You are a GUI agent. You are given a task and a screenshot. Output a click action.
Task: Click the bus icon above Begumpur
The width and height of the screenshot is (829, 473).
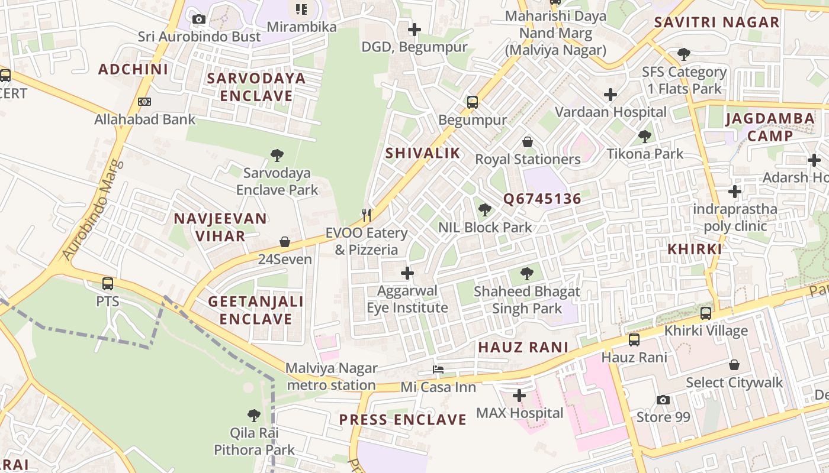click(472, 102)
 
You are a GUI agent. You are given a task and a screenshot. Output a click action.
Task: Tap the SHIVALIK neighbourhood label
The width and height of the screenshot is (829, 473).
click(422, 153)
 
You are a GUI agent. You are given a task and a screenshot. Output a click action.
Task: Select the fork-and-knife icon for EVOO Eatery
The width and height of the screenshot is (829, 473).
click(367, 215)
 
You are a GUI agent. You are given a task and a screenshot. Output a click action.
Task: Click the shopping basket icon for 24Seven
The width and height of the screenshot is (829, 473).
click(285, 242)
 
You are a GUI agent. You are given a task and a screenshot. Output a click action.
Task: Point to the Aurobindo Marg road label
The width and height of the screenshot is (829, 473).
click(93, 209)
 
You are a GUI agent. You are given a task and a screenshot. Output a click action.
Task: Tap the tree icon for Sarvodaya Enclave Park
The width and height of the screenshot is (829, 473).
click(276, 155)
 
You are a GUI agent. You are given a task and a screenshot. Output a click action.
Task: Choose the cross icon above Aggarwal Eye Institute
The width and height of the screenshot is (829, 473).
click(407, 273)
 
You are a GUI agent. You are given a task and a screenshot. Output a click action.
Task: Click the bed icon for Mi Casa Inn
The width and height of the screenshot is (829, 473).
click(438, 370)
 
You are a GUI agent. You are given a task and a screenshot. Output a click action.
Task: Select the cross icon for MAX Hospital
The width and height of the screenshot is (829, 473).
click(519, 395)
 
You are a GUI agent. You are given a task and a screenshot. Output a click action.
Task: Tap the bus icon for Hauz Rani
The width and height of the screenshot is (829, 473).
click(634, 340)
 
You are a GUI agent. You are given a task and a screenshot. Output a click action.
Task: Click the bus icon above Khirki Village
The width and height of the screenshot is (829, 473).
click(705, 313)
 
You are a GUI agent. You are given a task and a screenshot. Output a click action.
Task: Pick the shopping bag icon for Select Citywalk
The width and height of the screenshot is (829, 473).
click(734, 365)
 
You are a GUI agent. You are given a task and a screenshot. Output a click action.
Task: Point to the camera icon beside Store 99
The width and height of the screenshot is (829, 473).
click(663, 400)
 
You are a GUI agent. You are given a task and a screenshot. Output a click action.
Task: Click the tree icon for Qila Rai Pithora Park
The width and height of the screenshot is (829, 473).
click(254, 415)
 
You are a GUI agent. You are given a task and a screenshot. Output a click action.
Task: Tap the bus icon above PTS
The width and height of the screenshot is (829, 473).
click(107, 284)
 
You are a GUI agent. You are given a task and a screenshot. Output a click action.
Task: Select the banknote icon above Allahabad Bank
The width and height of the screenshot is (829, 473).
click(144, 102)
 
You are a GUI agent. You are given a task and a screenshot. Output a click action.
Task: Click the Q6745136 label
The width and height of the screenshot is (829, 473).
click(542, 199)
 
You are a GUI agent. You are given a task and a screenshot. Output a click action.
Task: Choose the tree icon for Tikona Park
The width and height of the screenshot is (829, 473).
click(645, 137)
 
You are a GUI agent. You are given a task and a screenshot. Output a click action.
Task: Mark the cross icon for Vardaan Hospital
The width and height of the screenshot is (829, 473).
click(610, 95)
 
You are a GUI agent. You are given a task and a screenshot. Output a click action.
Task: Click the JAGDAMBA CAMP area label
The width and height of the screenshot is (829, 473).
click(770, 127)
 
